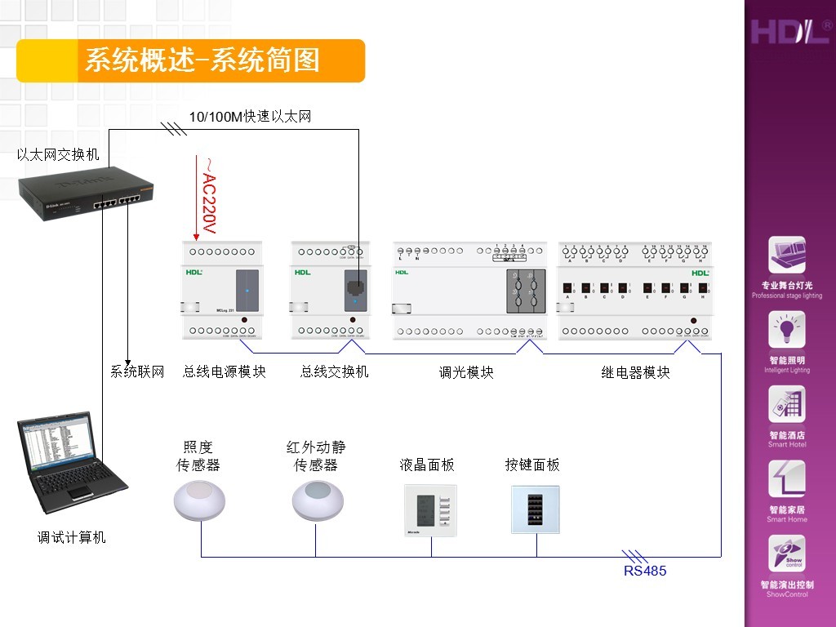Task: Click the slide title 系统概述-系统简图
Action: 202,60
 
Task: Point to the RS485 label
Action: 645,571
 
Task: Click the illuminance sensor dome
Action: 198,500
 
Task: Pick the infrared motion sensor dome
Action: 316,500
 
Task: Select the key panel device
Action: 536,509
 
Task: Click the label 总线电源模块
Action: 225,371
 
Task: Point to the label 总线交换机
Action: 335,371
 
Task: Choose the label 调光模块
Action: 466,372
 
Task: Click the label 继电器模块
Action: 636,372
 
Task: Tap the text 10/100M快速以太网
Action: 250,117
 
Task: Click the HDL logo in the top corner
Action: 790,32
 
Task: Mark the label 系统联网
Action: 137,371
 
